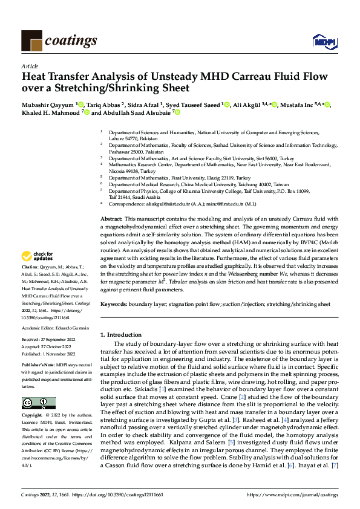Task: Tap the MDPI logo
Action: coord(321,41)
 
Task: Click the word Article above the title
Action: coord(29,66)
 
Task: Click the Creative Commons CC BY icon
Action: coord(38,403)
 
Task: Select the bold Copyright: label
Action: coord(33,417)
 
